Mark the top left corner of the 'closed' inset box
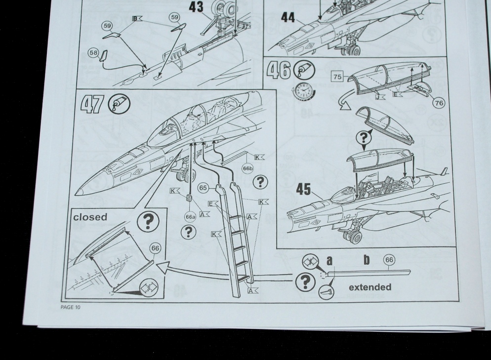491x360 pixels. click(71, 208)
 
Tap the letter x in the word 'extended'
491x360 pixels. click(357, 287)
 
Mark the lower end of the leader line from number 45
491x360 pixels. click(323, 199)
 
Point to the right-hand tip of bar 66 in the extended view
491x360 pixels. click(410, 271)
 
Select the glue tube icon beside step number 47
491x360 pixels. click(120, 104)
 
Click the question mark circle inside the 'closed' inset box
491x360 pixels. click(148, 221)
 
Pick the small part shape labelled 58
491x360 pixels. click(103, 56)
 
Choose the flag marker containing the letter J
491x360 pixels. click(379, 97)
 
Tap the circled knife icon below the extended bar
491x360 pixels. click(327, 292)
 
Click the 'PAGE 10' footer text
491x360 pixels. click(71, 307)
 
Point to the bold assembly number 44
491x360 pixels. click(288, 17)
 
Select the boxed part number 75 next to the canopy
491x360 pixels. click(337, 77)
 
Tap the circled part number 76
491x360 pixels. click(439, 103)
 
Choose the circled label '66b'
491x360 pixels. click(247, 168)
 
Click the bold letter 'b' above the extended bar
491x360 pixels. click(367, 260)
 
